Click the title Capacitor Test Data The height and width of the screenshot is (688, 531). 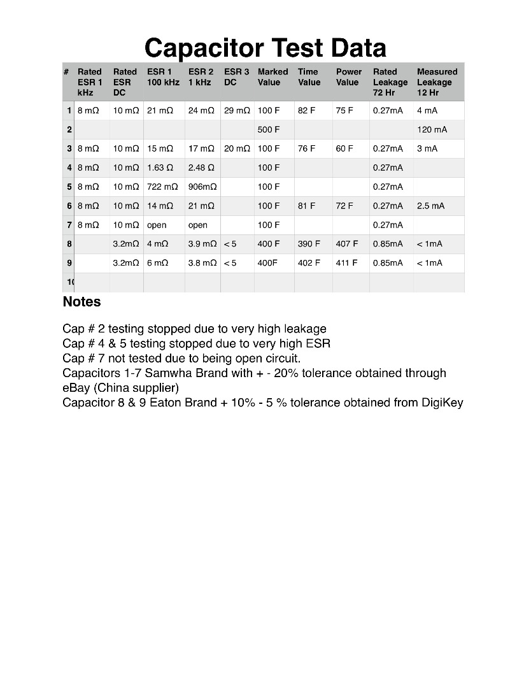[265, 48]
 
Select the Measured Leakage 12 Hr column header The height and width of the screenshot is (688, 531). [437, 82]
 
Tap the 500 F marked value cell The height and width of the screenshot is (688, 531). [269, 129]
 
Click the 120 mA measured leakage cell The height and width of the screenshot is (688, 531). [432, 129]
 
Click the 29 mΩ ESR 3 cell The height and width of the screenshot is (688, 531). [237, 110]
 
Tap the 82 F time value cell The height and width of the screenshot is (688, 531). [306, 110]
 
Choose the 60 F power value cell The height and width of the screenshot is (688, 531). [344, 148]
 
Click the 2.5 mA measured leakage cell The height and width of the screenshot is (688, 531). [429, 206]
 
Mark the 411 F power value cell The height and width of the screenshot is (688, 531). [347, 262]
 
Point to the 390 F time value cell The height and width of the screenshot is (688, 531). [309, 243]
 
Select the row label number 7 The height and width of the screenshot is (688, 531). [69, 225]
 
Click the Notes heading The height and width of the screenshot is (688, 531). [81, 301]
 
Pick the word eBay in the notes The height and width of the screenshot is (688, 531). [76, 387]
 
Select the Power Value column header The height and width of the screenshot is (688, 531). [348, 77]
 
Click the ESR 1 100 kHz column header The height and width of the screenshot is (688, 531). [163, 77]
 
